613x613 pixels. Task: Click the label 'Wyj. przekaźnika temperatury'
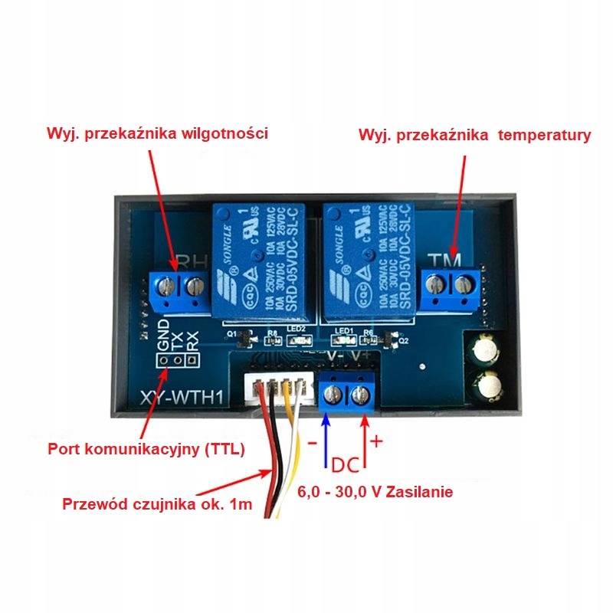[475, 136]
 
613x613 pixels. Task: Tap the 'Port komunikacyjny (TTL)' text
[146, 449]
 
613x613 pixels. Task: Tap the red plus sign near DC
[376, 442]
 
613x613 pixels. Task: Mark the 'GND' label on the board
[162, 334]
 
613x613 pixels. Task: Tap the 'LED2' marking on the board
[297, 329]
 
